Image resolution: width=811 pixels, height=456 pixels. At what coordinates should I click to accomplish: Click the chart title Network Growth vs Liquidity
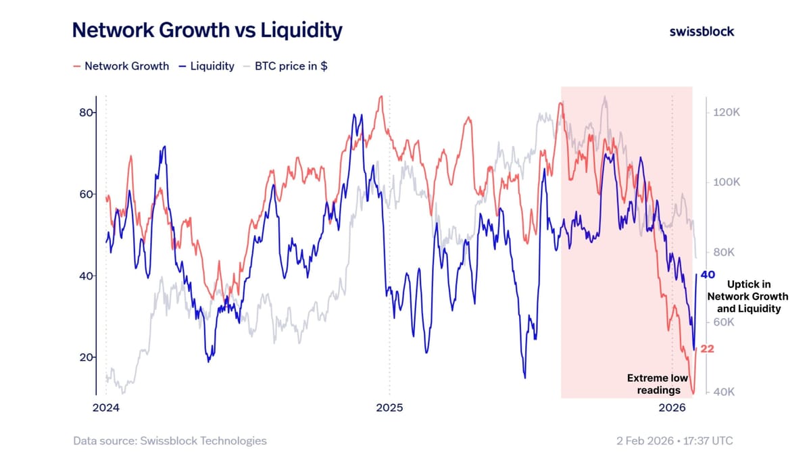coord(207,30)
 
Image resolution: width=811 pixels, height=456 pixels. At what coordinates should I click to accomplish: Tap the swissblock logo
coord(702,32)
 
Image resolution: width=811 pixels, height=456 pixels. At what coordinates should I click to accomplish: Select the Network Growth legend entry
coord(121,66)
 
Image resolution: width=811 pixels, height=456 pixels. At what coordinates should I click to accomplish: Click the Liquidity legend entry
coord(207,66)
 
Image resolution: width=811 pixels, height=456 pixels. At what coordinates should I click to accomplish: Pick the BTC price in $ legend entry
coord(286,66)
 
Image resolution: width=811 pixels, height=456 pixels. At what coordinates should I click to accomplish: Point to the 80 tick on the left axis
coord(86,113)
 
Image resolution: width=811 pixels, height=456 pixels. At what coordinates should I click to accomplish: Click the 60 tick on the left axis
coord(86,195)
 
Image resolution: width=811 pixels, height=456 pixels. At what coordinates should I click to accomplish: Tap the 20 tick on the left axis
coord(86,357)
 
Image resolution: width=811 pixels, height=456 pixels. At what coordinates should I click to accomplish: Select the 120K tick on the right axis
coord(727,112)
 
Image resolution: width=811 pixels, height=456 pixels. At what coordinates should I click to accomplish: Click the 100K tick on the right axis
coord(727,182)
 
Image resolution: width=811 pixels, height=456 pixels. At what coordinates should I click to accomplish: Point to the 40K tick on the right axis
coord(724,392)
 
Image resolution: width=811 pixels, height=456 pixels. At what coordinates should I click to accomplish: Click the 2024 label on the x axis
coord(105,408)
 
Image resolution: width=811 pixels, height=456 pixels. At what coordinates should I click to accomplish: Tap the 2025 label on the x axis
coord(389,408)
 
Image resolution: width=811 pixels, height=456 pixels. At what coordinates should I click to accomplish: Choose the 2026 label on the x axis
coord(672,408)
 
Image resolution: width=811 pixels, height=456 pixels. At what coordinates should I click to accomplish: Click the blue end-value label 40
coord(708,275)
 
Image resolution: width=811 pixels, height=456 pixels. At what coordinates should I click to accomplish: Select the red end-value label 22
coord(707,349)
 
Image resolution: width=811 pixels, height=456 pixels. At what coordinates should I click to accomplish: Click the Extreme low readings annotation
coord(658,384)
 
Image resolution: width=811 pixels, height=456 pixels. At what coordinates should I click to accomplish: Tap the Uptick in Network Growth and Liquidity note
coord(748,297)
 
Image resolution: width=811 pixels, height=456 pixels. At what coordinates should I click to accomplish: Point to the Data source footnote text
coord(170,440)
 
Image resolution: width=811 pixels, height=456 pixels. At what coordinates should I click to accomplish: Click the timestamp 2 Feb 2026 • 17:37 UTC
coord(675,440)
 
